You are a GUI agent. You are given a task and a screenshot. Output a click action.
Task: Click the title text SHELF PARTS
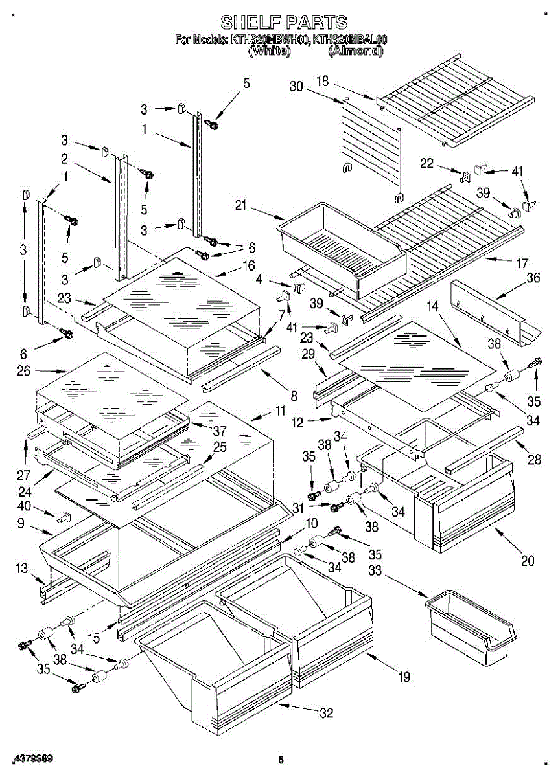point(284,23)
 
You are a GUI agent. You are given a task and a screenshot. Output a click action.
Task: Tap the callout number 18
point(322,82)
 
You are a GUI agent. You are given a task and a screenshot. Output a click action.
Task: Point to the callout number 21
point(241,206)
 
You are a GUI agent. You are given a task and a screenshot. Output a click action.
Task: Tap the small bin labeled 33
point(471,625)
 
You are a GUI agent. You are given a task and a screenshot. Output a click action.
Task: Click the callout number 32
point(326,713)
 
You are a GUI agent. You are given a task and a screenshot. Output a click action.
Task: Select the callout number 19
point(404,677)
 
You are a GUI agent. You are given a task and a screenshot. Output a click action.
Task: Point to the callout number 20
point(528,561)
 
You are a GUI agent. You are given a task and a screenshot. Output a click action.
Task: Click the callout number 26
point(24,372)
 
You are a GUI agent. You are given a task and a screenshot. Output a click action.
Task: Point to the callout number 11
point(280,411)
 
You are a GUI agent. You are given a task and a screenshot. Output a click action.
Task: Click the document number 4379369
point(32,757)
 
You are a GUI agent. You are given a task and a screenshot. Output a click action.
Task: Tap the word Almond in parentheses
point(355,51)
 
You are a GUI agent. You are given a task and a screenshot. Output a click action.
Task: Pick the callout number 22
point(426,164)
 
